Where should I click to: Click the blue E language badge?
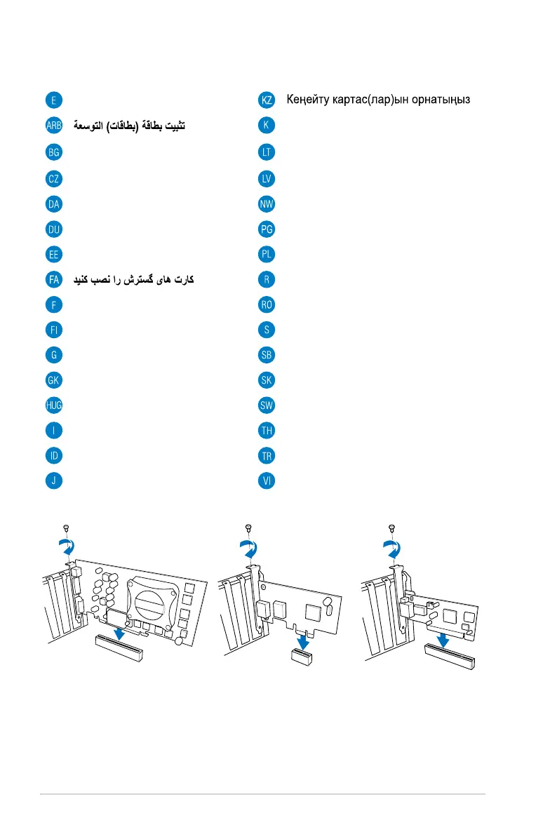[53, 100]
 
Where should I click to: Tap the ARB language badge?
[53, 126]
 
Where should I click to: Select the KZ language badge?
[267, 100]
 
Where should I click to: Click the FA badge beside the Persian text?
[53, 279]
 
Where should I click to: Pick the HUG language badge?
[53, 405]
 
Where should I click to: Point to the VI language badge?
[267, 481]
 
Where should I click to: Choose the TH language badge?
[267, 431]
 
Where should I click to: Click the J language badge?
[53, 481]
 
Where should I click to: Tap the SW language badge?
[267, 405]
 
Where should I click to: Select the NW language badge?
[267, 203]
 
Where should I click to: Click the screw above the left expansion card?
[65, 527]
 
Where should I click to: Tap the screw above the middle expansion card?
[248, 527]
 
